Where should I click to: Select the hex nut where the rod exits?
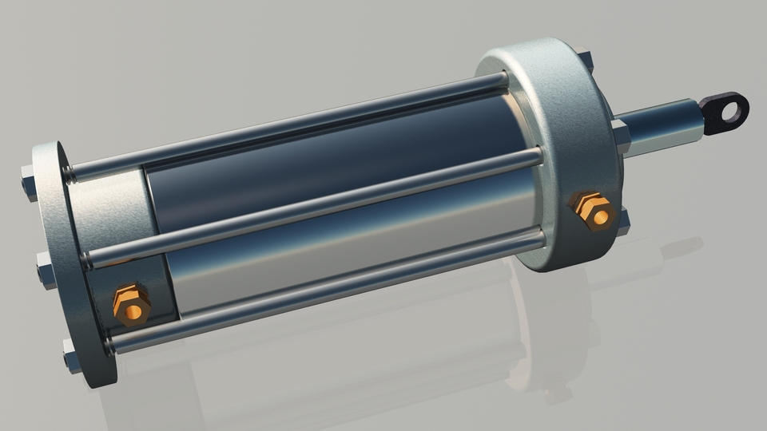[x=622, y=135]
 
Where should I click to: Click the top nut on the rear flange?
[x=29, y=184]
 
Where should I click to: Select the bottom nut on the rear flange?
[x=72, y=358]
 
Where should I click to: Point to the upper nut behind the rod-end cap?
[x=586, y=60]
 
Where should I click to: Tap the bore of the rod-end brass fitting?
[x=600, y=215]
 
